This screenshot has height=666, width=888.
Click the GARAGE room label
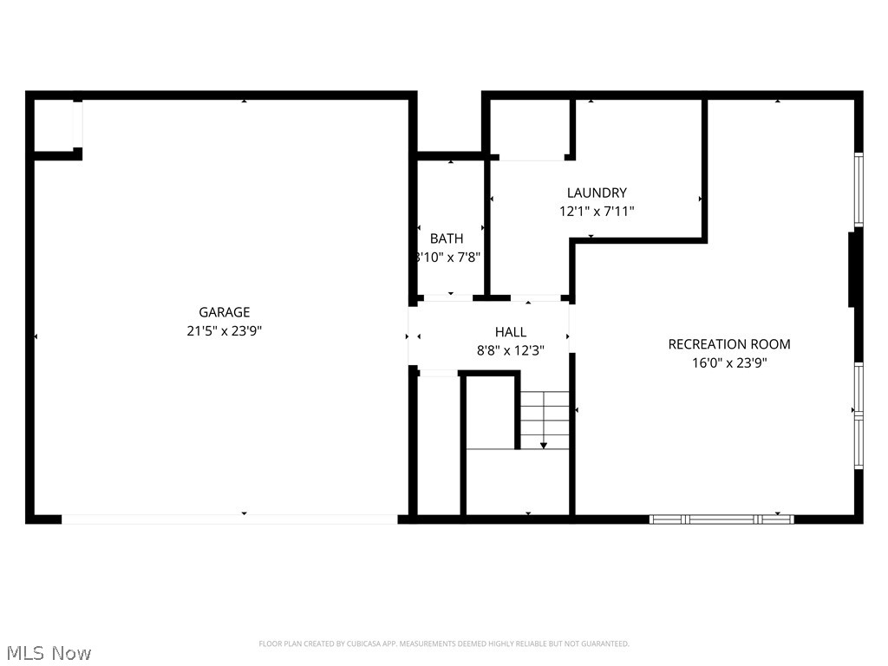(224, 312)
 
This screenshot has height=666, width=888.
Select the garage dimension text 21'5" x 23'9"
(224, 330)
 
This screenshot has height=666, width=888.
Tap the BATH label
(447, 238)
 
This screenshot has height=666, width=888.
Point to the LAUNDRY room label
(597, 193)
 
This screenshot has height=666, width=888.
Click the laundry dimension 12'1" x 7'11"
(597, 211)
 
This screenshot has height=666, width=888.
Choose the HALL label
(510, 332)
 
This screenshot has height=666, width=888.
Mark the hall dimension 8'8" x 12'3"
(510, 350)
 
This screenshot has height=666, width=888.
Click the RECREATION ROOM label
(728, 344)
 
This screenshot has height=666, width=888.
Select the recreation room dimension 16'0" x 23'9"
(728, 362)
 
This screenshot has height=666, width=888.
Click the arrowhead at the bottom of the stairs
(544, 445)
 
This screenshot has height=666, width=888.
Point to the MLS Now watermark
(47, 652)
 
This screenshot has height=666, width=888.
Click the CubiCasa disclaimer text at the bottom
(443, 643)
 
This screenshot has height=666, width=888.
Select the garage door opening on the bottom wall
(229, 519)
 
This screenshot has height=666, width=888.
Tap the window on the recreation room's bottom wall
(721, 519)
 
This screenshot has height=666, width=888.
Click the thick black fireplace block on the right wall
(853, 268)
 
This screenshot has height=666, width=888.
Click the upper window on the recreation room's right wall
(859, 191)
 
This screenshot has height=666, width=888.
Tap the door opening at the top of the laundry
(531, 158)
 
